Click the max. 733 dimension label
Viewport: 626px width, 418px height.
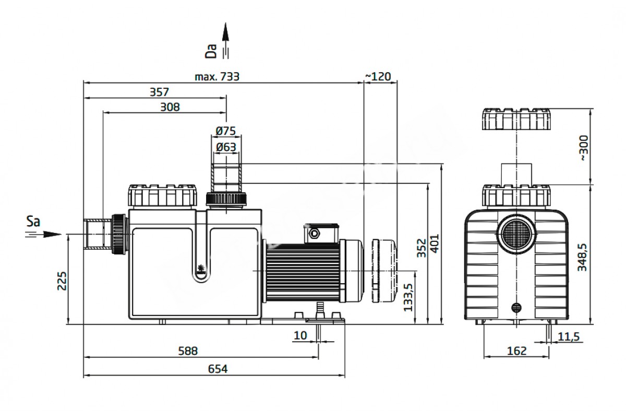click(217, 76)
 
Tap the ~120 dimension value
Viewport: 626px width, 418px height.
click(378, 76)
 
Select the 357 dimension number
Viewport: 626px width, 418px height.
click(159, 92)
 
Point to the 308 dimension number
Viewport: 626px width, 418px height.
click(170, 107)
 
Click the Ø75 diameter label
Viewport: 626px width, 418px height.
click(226, 131)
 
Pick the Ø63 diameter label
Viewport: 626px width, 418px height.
click(226, 147)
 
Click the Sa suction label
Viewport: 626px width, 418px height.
click(33, 222)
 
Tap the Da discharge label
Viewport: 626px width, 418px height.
click(211, 51)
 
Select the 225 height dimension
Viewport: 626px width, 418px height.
click(62, 281)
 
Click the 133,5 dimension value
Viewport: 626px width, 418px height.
click(408, 297)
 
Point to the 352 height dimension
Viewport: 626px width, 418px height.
click(421, 248)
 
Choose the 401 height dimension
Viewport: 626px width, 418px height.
click(435, 243)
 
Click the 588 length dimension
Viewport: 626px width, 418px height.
click(188, 351)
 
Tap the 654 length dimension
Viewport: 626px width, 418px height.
click(218, 369)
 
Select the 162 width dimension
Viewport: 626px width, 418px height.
click(516, 351)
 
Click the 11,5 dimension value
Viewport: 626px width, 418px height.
click(569, 337)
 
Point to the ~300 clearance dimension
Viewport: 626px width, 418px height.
click(584, 148)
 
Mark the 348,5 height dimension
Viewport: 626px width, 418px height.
click(582, 257)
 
